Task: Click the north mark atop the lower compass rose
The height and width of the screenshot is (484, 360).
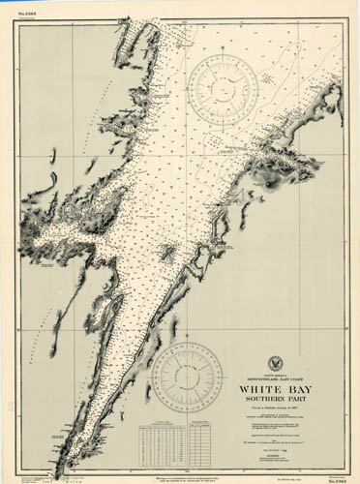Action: (187, 343)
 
